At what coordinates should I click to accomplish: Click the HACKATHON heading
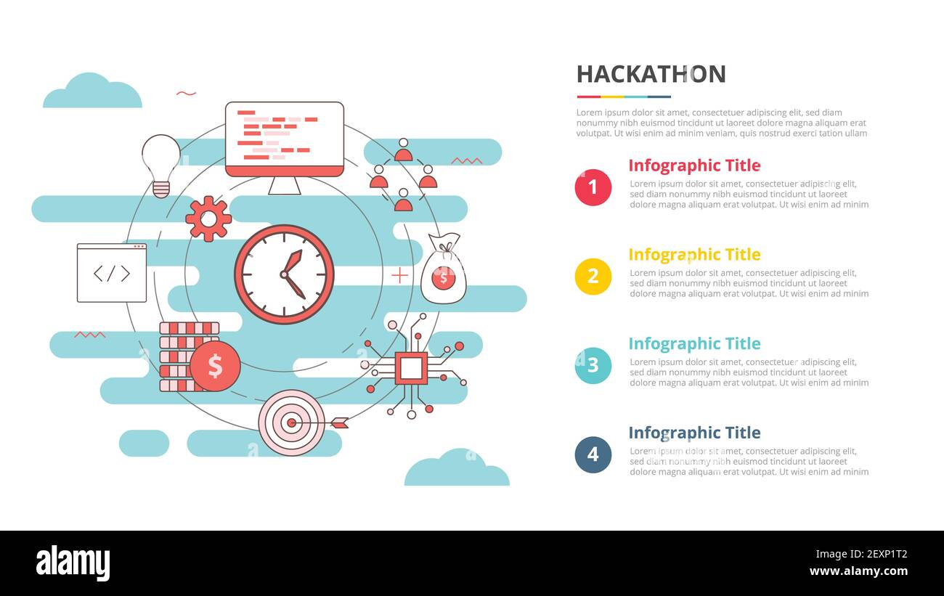coord(651,74)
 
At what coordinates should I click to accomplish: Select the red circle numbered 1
coord(593,187)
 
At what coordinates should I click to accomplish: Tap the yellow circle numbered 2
coord(593,277)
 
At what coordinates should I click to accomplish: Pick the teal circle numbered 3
coord(593,365)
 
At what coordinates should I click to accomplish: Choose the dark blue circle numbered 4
coord(593,454)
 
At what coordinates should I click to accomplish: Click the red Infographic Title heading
coord(694,166)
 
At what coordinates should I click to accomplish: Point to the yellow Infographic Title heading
coord(694,255)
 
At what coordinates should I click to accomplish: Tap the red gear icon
coord(208,219)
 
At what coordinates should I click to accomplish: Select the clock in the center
coord(284,274)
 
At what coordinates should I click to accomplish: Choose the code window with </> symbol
coord(112,273)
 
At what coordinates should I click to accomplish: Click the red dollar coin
coord(215,366)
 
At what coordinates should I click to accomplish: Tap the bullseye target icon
coord(292,422)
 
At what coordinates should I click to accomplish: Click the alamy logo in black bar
coord(73,563)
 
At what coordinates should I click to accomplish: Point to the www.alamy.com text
coord(857,571)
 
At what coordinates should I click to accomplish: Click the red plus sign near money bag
coord(399,275)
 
